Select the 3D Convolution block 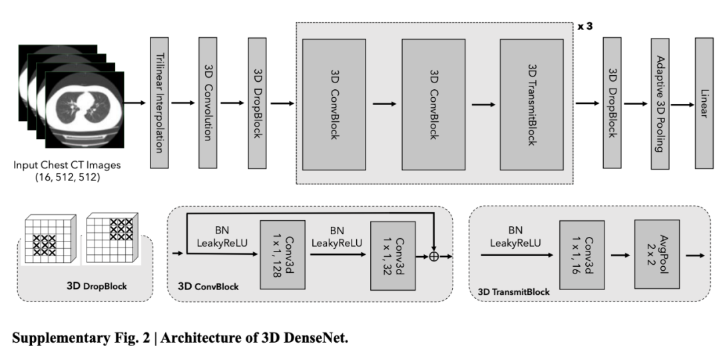click(x=208, y=104)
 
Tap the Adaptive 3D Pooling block click(x=660, y=104)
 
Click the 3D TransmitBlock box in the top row click(x=532, y=104)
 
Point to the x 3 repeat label click(x=584, y=27)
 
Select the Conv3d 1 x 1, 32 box click(x=389, y=255)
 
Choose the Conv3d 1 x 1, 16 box click(x=577, y=255)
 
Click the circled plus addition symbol click(x=434, y=256)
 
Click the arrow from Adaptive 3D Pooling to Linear click(x=680, y=104)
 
